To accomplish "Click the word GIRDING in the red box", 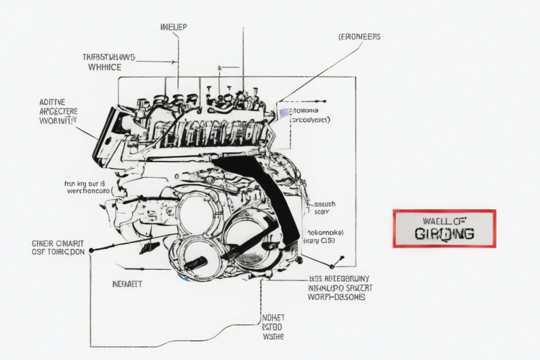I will (444, 233).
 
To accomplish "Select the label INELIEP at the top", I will (173, 27).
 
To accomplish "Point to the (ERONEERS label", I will (359, 36).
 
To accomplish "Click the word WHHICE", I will (104, 66).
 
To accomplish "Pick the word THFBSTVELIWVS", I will (108, 57).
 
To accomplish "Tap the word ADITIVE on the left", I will (51, 102).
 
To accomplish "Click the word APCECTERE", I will (58, 111).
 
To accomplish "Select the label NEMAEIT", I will (127, 284).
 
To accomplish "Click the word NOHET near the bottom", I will (273, 317).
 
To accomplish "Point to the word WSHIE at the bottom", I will (273, 336).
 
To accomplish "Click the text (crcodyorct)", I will (310, 120).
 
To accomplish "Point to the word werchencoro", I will (87, 191).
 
